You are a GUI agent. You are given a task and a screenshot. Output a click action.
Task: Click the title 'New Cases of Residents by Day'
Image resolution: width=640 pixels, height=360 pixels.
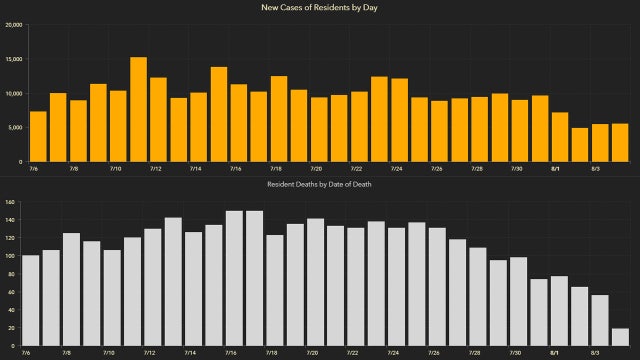[x=320, y=8]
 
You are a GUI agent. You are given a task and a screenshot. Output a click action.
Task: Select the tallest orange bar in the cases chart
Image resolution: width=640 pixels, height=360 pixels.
[x=138, y=110]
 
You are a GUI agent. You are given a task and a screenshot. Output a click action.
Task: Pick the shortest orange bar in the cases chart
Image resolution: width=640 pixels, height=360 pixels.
[x=580, y=145]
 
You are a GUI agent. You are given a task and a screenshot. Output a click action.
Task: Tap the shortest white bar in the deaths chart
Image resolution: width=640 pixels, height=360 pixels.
[x=620, y=337]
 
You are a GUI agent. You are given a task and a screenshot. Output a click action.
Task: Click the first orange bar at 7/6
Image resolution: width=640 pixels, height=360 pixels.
[x=38, y=136]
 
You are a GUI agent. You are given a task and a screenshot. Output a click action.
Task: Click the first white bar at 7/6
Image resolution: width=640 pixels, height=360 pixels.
[x=30, y=300]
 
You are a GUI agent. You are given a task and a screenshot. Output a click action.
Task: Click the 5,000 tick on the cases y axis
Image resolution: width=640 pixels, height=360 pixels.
[x=14, y=128]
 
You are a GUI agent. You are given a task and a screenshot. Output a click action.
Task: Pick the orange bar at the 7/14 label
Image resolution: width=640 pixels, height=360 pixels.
[x=199, y=127]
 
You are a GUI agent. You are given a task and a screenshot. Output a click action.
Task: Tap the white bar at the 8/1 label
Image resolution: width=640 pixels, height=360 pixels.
[x=559, y=311]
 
